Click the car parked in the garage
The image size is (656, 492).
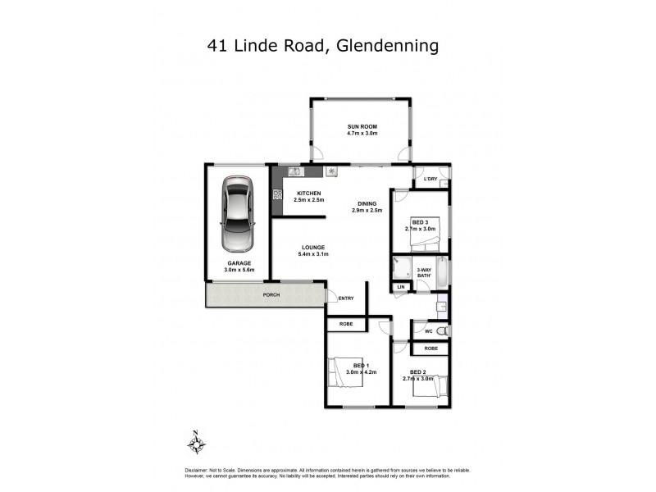[x=237, y=218]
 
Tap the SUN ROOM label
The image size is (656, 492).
[x=361, y=125]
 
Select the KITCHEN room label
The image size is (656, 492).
[x=309, y=194]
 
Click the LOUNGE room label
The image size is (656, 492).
[x=313, y=247]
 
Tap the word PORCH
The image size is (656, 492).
[x=271, y=294]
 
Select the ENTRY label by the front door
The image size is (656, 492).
[x=346, y=298]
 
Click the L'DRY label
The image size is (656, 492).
[x=431, y=180]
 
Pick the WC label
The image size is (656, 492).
[x=428, y=331]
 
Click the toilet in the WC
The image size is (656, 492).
[x=443, y=330]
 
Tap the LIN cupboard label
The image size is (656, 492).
[x=401, y=287]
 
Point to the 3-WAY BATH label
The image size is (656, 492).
[x=424, y=273]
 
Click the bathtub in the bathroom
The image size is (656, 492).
[x=443, y=273]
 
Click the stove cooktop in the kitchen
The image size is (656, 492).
[x=277, y=195]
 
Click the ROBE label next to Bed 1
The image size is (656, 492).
[x=346, y=325]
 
